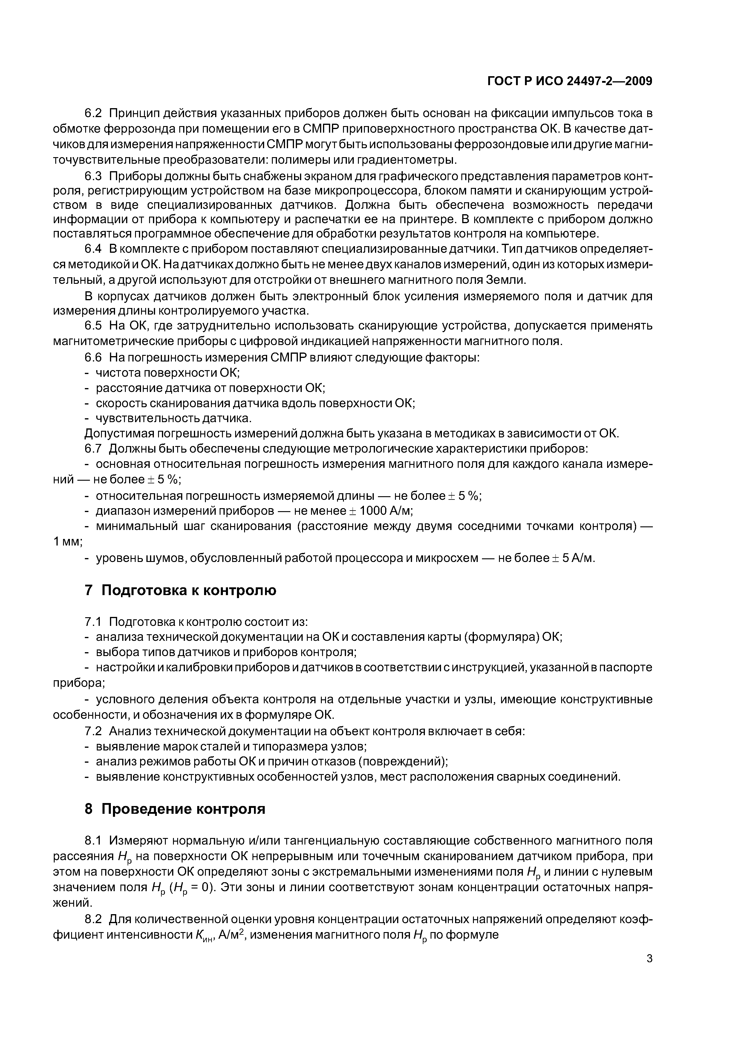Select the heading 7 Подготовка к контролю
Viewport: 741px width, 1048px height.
click(180, 590)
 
